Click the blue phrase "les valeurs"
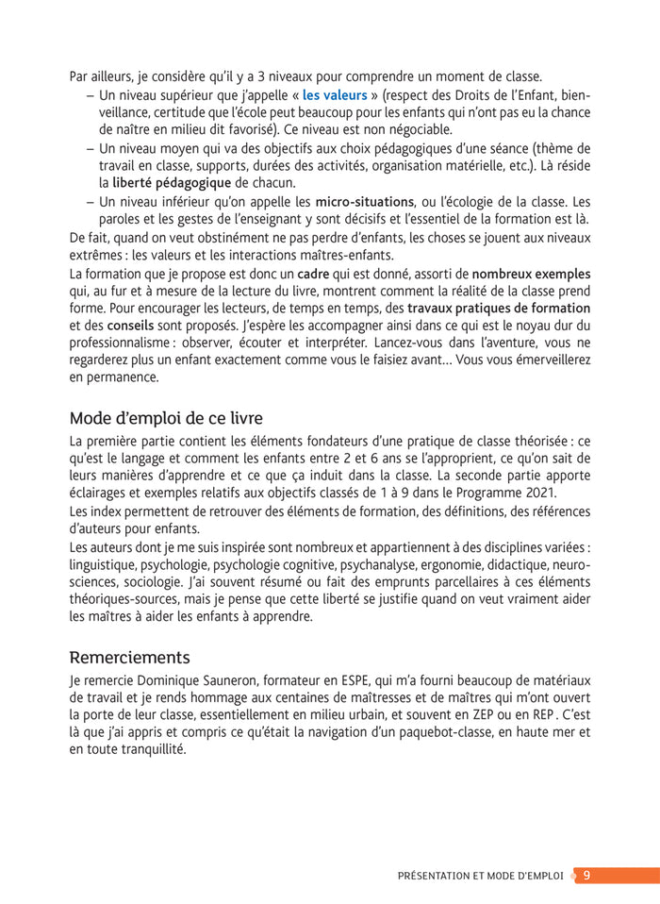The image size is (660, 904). click(334, 95)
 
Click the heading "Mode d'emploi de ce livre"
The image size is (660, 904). click(166, 417)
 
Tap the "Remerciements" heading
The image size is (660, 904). click(130, 656)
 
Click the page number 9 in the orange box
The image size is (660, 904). click(586, 875)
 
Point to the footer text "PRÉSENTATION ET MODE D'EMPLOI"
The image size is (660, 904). click(482, 876)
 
